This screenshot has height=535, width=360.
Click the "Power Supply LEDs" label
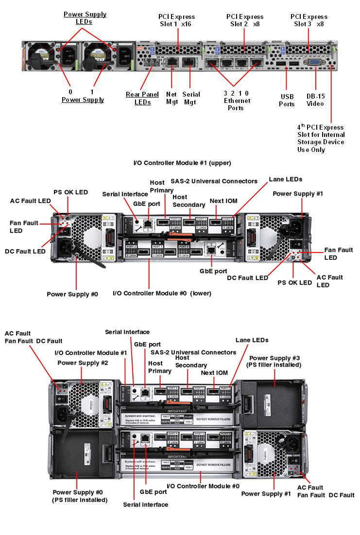click(x=85, y=18)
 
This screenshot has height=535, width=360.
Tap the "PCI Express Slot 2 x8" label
click(x=245, y=20)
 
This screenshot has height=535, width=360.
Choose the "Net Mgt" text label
click(x=171, y=98)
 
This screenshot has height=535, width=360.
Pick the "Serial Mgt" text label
click(x=190, y=98)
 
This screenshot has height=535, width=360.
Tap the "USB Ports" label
click(x=287, y=100)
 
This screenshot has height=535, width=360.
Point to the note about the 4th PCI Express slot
click(x=321, y=138)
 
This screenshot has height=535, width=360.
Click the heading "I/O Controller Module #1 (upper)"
click(x=182, y=163)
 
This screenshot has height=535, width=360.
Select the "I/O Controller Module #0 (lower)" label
click(x=162, y=293)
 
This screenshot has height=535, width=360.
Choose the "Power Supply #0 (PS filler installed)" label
click(x=80, y=496)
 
